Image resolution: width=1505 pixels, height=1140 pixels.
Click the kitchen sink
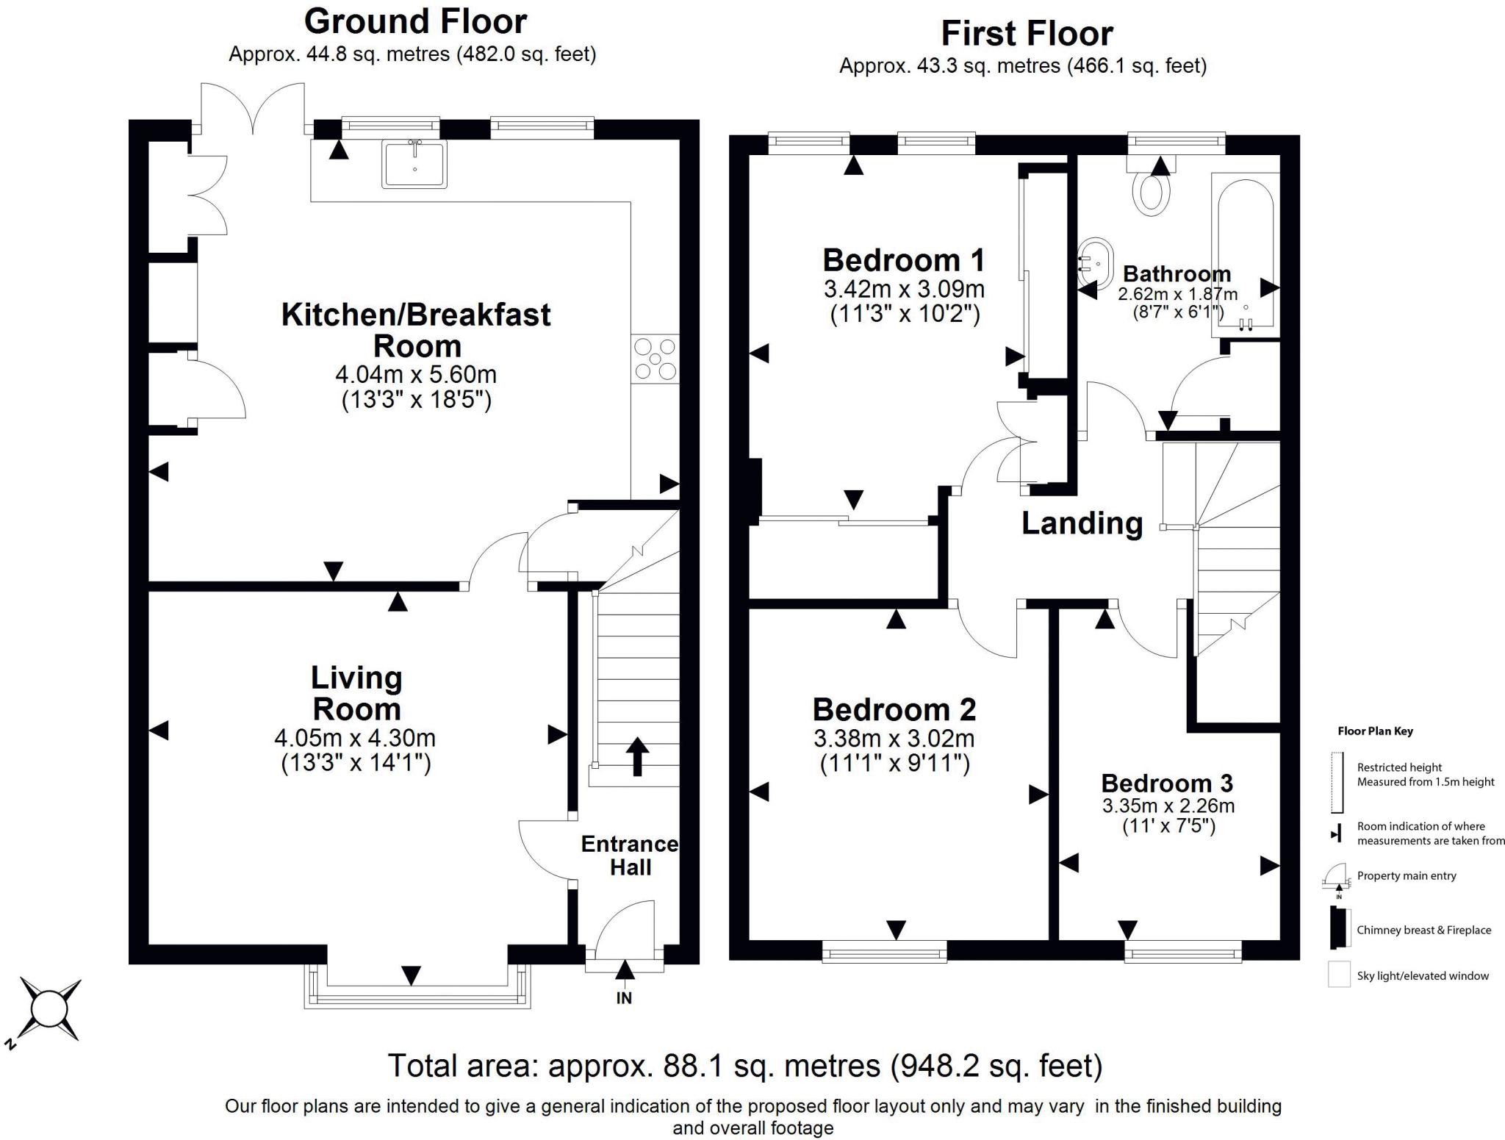pyautogui.click(x=414, y=163)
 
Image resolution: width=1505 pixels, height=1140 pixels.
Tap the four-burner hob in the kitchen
pyautogui.click(x=655, y=359)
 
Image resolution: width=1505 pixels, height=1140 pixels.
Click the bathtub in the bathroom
pyautogui.click(x=1246, y=254)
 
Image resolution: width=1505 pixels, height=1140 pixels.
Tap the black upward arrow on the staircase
pyautogui.click(x=636, y=756)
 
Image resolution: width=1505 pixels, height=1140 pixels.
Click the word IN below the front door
pyautogui.click(x=624, y=998)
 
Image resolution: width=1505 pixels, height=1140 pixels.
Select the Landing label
pyautogui.click(x=1082, y=523)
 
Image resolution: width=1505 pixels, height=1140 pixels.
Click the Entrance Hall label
pyautogui.click(x=630, y=856)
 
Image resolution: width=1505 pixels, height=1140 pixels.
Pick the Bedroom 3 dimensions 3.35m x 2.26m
pyautogui.click(x=1168, y=806)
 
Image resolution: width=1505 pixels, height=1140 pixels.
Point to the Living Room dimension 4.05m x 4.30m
pyautogui.click(x=355, y=737)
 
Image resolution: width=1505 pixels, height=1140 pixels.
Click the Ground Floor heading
pyautogui.click(x=415, y=21)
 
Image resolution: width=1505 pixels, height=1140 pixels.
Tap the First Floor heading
pyautogui.click(x=1027, y=34)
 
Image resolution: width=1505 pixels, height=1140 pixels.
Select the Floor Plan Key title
pyautogui.click(x=1375, y=731)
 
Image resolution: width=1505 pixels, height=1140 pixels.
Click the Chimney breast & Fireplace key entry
pyautogui.click(x=1423, y=930)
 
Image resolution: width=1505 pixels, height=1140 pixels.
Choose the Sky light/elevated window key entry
pyautogui.click(x=1423, y=976)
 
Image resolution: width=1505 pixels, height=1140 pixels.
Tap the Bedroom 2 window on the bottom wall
pyautogui.click(x=884, y=953)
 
